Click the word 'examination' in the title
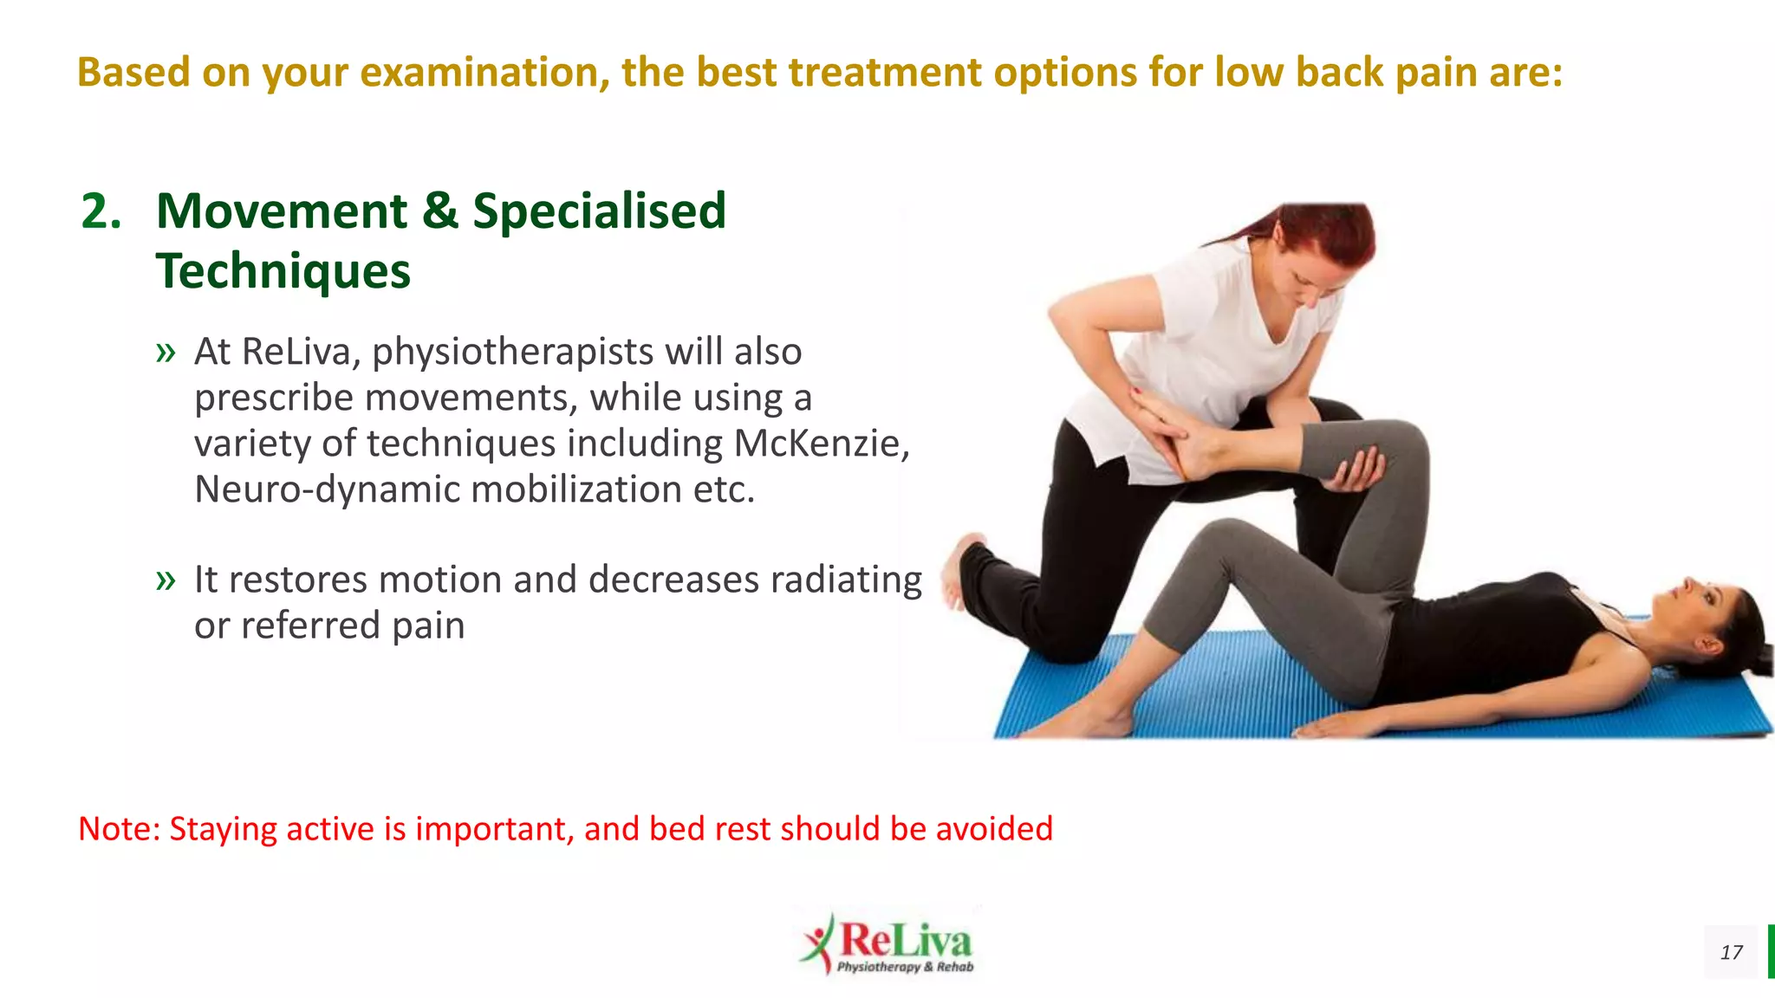click(478, 72)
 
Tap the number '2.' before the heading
click(101, 211)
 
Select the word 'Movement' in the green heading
click(282, 211)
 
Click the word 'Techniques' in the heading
click(283, 271)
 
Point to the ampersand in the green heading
click(440, 211)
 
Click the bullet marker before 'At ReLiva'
click(166, 353)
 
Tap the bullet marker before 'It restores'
click(166, 580)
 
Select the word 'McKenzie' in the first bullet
click(821, 444)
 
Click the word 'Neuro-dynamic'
click(329, 489)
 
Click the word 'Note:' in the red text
click(120, 829)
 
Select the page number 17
click(1731, 953)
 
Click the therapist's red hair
click(1335, 230)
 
